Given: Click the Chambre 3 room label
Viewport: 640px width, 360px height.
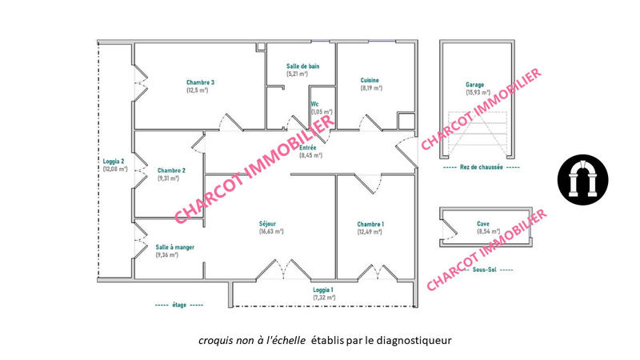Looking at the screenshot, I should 200,82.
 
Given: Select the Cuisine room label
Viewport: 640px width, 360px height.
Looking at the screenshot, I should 370,80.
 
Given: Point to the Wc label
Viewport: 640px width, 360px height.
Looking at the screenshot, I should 315,104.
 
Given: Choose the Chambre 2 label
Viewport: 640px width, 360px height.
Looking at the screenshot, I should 171,170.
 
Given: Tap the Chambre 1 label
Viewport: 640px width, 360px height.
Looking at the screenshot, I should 370,223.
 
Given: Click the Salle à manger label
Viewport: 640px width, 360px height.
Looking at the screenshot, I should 174,247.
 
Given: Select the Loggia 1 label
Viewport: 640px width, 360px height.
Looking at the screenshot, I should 322,290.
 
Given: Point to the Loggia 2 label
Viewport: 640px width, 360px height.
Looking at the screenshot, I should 115,161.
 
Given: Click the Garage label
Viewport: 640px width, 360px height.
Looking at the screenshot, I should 475,84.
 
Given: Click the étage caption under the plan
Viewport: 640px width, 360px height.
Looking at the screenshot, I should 179,306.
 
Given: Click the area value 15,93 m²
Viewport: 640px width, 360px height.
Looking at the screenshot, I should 477,92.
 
